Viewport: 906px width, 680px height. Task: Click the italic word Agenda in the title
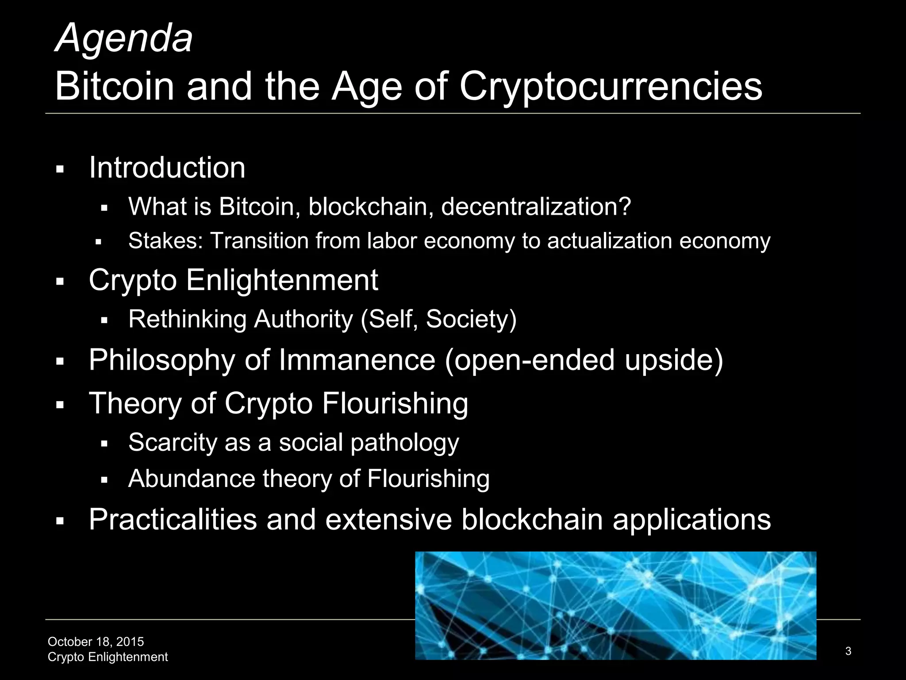coord(124,39)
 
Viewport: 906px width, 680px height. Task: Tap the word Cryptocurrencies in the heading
coord(610,87)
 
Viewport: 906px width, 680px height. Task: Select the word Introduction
coord(167,168)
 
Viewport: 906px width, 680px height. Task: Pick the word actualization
coord(610,241)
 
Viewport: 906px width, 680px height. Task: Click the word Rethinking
coord(188,319)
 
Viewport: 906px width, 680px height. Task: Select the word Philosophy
coord(162,360)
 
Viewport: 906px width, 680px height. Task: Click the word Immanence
coord(357,360)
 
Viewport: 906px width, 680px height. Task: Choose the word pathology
coord(405,443)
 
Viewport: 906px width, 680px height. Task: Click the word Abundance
coord(192,479)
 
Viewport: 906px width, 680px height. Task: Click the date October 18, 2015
coord(96,642)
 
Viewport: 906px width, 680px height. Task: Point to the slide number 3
coord(848,651)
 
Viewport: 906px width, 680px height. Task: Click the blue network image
coord(615,606)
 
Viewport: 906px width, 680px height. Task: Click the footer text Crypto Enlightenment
coord(107,657)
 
